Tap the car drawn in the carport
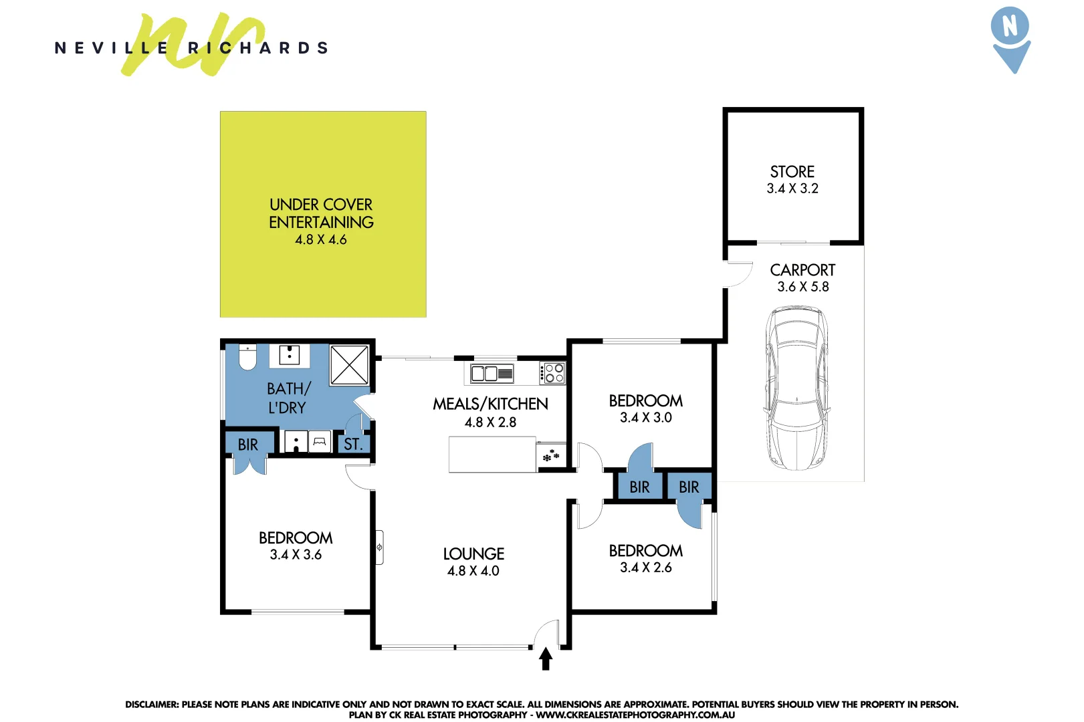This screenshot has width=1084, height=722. pos(796,388)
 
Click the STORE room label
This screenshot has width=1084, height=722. pos(792,172)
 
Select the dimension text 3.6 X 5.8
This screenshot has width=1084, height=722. pos(802,287)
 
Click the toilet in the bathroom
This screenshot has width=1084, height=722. pos(247,358)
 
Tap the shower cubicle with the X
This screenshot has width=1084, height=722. pos(349,364)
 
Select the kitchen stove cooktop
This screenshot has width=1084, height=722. pos(553,373)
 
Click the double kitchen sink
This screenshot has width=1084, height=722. pos(492,373)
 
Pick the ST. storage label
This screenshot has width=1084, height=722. pos(353,445)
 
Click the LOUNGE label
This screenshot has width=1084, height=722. pos(473,554)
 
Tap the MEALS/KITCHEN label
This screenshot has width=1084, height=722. pos(490,404)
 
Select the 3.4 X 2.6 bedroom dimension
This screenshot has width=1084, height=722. pos(645,568)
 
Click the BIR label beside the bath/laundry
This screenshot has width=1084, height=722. pos(247,445)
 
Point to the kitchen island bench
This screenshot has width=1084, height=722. pos(492,455)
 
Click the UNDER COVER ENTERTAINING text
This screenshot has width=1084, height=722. pos(321,213)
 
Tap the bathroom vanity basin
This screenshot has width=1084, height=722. pos(289,355)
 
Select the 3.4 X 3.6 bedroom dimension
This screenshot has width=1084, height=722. pos(296,555)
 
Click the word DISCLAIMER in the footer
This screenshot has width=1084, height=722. pos(151,704)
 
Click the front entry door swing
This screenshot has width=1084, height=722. pos(548,633)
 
